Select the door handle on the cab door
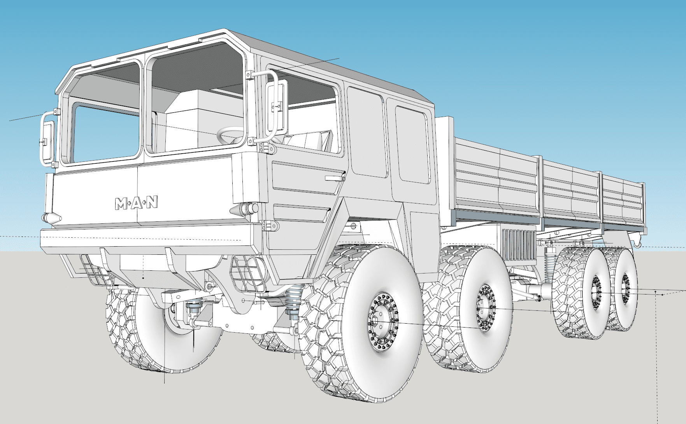(335, 179)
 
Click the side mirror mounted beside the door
(277, 106)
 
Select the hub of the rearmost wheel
(625, 289)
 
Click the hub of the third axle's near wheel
(596, 293)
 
